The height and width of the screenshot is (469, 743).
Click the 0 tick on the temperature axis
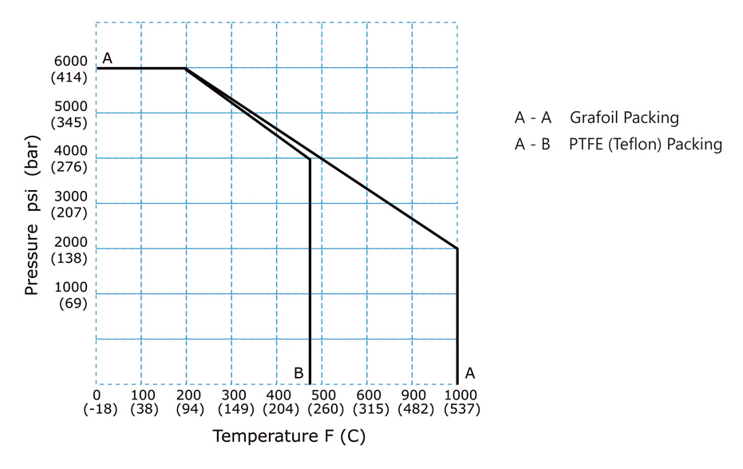[x=97, y=395]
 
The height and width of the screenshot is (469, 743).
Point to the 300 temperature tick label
[x=231, y=395]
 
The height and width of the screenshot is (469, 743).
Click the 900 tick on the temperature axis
[x=412, y=395]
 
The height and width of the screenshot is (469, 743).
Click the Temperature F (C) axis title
[x=288, y=437]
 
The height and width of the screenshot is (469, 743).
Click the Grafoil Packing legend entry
[x=597, y=118]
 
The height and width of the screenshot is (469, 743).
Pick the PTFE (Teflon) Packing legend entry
[x=619, y=145]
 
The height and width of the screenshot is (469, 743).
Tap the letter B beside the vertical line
[x=298, y=372]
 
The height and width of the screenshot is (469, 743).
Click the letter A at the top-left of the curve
[x=107, y=58]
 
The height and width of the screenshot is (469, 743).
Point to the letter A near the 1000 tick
[x=470, y=372]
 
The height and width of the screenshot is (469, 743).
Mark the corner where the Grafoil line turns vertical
[x=457, y=248]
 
